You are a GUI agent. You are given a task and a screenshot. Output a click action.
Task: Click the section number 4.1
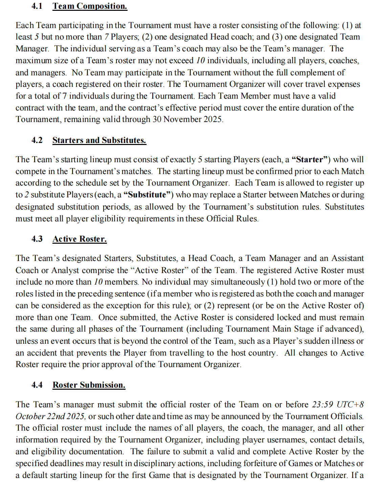click(37, 6)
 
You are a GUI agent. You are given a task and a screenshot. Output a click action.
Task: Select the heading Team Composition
click(90, 6)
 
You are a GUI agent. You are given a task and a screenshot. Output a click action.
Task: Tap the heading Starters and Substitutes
click(99, 140)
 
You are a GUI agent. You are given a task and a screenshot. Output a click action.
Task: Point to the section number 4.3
click(37, 239)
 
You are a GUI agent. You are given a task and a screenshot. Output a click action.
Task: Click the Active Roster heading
click(80, 239)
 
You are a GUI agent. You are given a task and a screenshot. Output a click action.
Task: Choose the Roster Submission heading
click(89, 385)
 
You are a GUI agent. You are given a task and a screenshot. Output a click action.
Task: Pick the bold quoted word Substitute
click(147, 195)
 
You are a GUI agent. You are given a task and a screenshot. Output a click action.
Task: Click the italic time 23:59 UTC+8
click(338, 405)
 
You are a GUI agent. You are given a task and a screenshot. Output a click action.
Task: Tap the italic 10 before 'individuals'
click(200, 61)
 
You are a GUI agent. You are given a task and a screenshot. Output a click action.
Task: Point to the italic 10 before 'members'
click(98, 282)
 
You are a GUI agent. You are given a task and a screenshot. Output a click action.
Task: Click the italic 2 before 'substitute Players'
click(27, 195)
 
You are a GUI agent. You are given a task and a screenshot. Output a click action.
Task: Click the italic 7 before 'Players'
click(107, 37)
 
